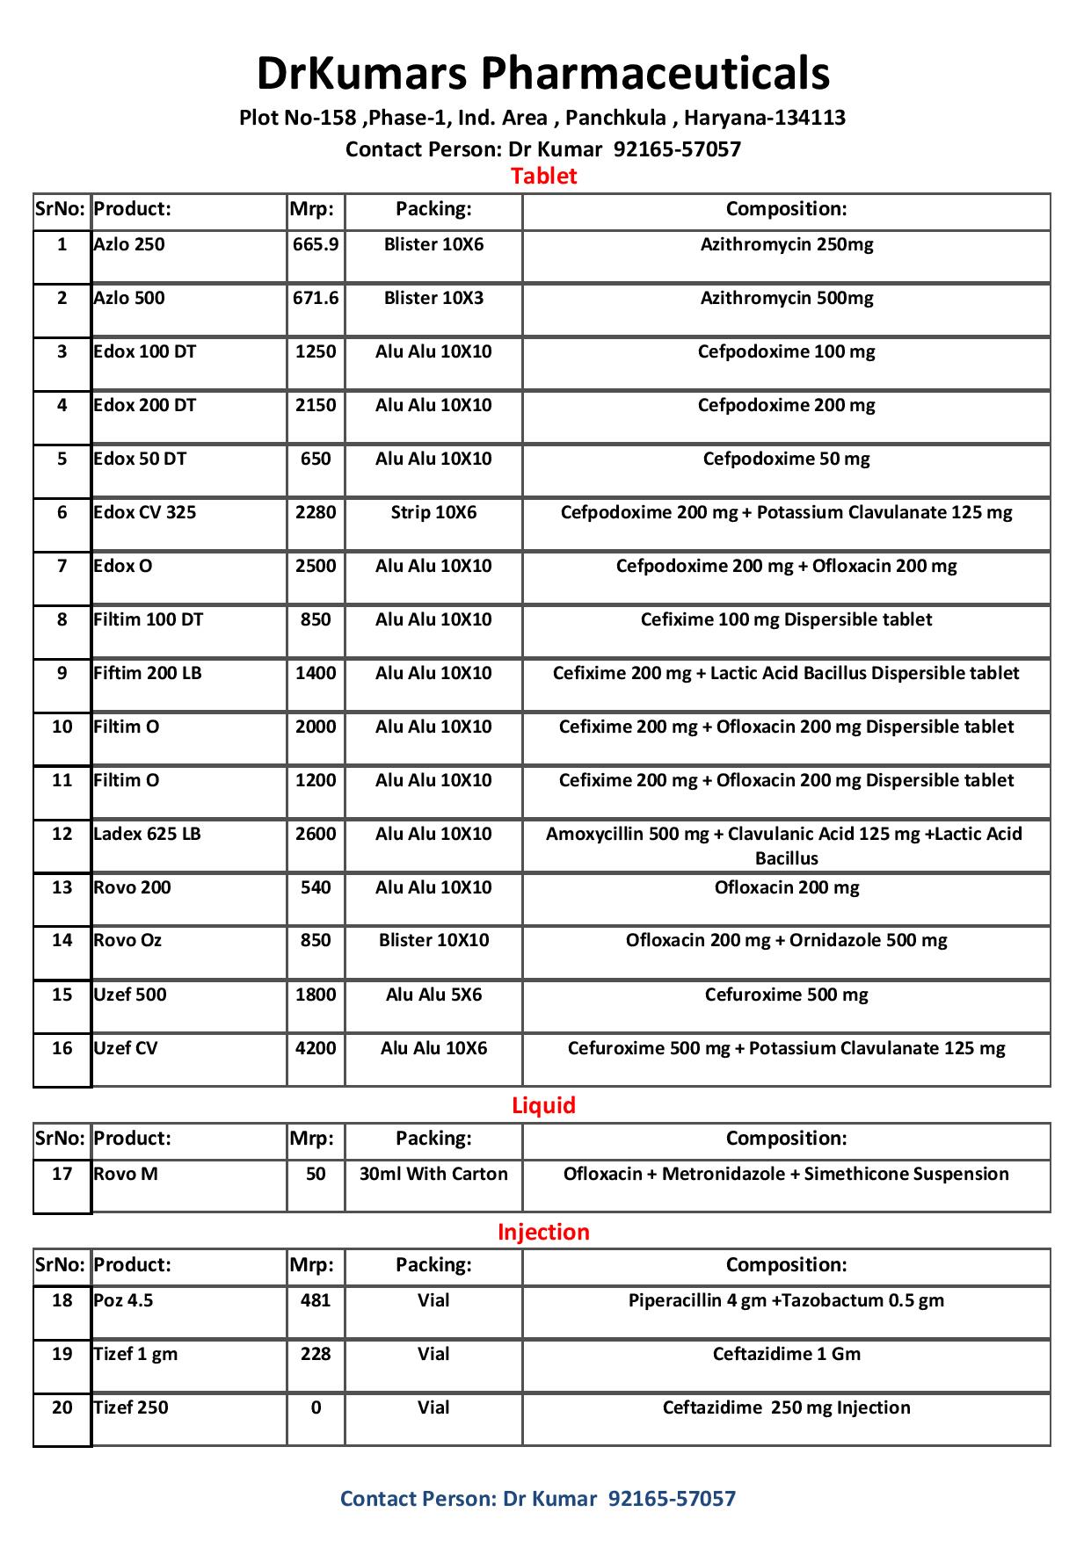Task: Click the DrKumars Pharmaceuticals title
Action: click(x=543, y=73)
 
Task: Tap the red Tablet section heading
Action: click(x=543, y=176)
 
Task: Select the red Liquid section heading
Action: click(x=543, y=1105)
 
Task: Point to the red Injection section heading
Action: click(x=543, y=1232)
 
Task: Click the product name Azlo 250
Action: click(x=129, y=244)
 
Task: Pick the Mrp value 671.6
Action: click(x=316, y=298)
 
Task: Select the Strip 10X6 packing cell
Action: click(x=433, y=512)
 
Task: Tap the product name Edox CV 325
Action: click(x=145, y=512)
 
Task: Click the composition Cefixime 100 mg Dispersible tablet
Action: click(x=786, y=619)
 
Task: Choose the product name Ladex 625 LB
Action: click(x=147, y=834)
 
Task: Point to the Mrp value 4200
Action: click(x=316, y=1048)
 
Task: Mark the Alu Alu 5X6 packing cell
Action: click(x=433, y=995)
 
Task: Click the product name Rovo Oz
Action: click(x=127, y=941)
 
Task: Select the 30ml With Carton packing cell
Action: click(x=433, y=1174)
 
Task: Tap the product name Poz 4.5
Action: click(x=123, y=1300)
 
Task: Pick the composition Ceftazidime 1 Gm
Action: click(x=786, y=1354)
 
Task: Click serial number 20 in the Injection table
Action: click(x=62, y=1407)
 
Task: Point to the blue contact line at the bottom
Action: click(x=537, y=1499)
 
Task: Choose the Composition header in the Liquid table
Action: click(x=786, y=1139)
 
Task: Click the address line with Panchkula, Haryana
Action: click(x=542, y=118)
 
